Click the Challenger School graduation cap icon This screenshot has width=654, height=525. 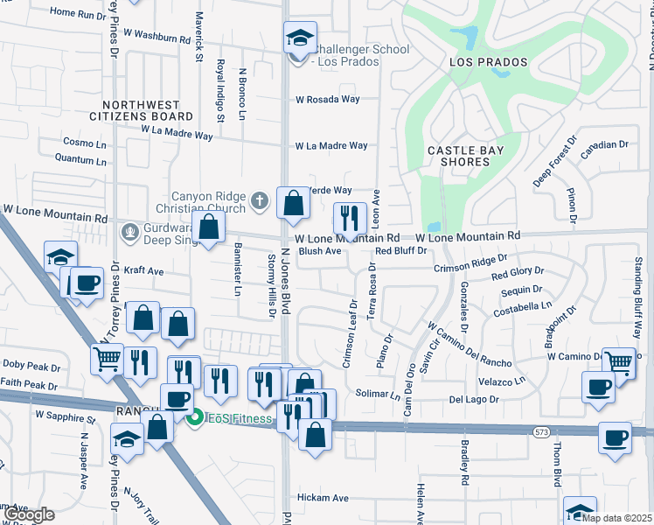coord(299,38)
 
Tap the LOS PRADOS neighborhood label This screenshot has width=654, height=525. coord(489,62)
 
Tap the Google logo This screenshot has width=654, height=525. coord(29,514)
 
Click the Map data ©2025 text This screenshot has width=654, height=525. coord(617,517)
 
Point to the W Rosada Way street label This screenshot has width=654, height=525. coord(328,100)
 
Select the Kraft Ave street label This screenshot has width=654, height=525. coord(144,271)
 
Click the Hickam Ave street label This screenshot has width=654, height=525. coord(323,499)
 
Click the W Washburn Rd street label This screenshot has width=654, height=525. coord(157,37)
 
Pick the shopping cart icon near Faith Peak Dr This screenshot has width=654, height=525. coord(107,357)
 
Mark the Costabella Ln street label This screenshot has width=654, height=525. coord(521,306)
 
